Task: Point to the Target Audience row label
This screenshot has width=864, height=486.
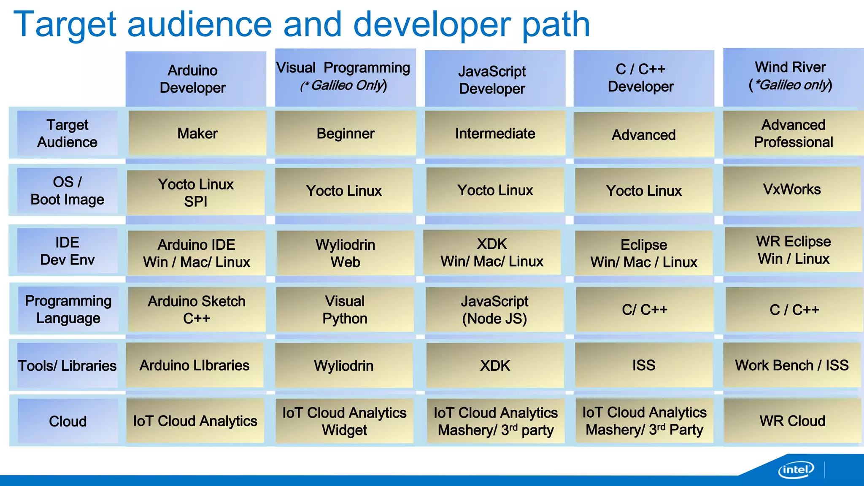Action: (67, 133)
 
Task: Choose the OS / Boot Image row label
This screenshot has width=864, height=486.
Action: (67, 191)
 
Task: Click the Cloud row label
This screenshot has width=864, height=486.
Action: (67, 421)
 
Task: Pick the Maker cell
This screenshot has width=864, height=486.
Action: (197, 134)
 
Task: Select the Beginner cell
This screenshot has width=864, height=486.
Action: (345, 134)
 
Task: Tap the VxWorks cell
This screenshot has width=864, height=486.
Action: (792, 189)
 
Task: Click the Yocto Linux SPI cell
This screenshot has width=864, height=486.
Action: (196, 193)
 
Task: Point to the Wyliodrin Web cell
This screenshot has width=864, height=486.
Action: (345, 253)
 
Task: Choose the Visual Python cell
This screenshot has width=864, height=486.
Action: (345, 310)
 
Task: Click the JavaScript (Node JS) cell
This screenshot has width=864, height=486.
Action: (494, 310)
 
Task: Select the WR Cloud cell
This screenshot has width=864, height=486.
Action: (792, 421)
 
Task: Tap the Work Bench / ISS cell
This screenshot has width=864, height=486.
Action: (792, 365)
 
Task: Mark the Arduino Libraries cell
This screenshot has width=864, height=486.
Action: (194, 365)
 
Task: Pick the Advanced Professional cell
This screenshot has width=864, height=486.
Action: (793, 134)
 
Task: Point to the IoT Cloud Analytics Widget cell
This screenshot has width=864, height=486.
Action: (344, 421)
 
